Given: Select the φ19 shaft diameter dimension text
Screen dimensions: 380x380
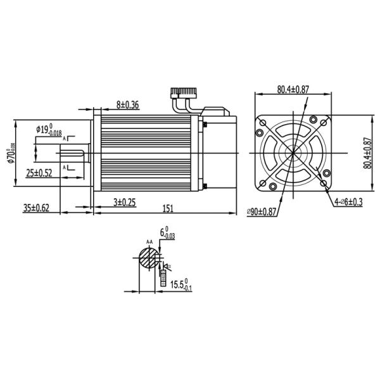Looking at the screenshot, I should click(49, 130).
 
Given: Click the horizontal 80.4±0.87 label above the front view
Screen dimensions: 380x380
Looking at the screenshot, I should click(293, 89).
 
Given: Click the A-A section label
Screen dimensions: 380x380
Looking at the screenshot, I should click(149, 242).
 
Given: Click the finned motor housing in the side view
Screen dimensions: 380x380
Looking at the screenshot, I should click(146, 153).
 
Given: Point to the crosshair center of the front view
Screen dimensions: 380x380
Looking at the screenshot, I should click(293, 153).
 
